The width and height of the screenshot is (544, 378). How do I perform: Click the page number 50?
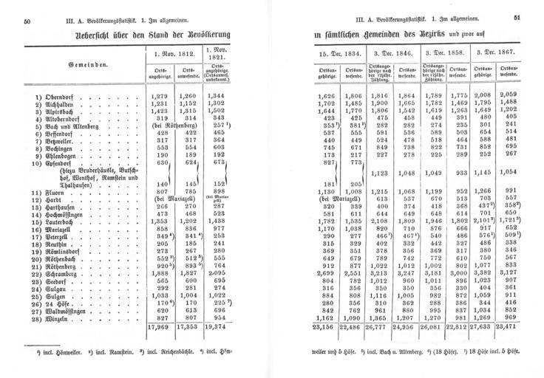click(27, 21)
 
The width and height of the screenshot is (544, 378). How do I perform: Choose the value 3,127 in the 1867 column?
click(509, 272)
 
